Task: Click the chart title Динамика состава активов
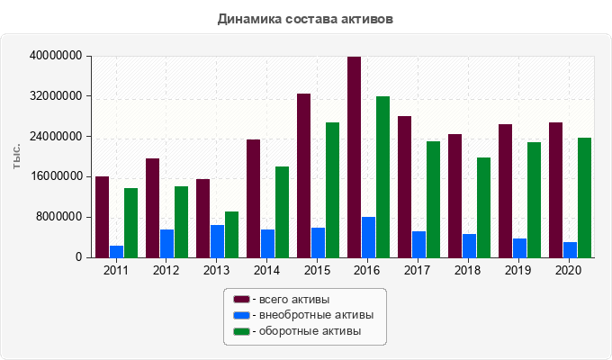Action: coord(305,18)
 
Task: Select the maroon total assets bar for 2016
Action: coord(355,157)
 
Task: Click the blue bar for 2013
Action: coord(218,241)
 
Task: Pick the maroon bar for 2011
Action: coord(103,217)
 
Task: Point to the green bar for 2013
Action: coord(232,235)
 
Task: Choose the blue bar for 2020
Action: coord(571,249)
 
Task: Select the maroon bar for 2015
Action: coord(304,175)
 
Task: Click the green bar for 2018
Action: coord(484,208)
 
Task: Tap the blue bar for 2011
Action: coord(117,251)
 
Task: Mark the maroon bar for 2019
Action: coord(506,191)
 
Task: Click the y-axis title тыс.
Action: coord(18,157)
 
